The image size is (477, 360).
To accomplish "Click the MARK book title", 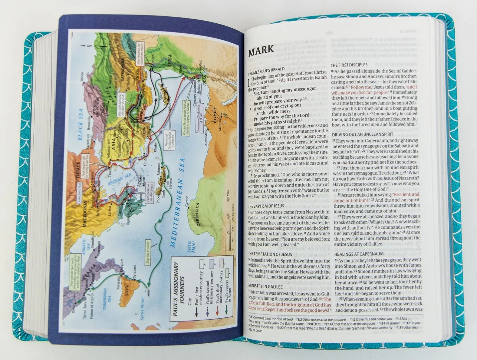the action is (x=261, y=49).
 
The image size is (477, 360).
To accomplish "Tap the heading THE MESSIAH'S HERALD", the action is (x=266, y=69).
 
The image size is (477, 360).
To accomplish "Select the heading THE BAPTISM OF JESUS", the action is (x=266, y=206).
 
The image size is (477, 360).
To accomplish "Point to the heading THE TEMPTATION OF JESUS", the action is (x=270, y=254).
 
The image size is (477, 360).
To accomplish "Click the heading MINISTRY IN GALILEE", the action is (x=266, y=287).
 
